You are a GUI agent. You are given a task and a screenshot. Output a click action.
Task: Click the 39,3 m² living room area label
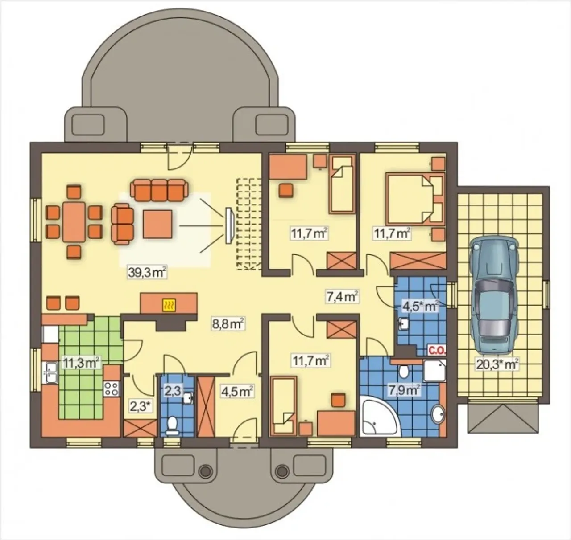point(147,273)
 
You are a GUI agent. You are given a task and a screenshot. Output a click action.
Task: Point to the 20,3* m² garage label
point(497,364)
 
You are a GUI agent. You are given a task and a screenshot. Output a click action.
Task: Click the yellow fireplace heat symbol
point(169,306)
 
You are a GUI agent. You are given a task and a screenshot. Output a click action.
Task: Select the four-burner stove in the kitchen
point(112,389)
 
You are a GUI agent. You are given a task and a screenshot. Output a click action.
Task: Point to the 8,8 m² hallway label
point(228,324)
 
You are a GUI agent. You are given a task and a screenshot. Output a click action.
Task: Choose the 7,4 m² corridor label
point(342,296)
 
